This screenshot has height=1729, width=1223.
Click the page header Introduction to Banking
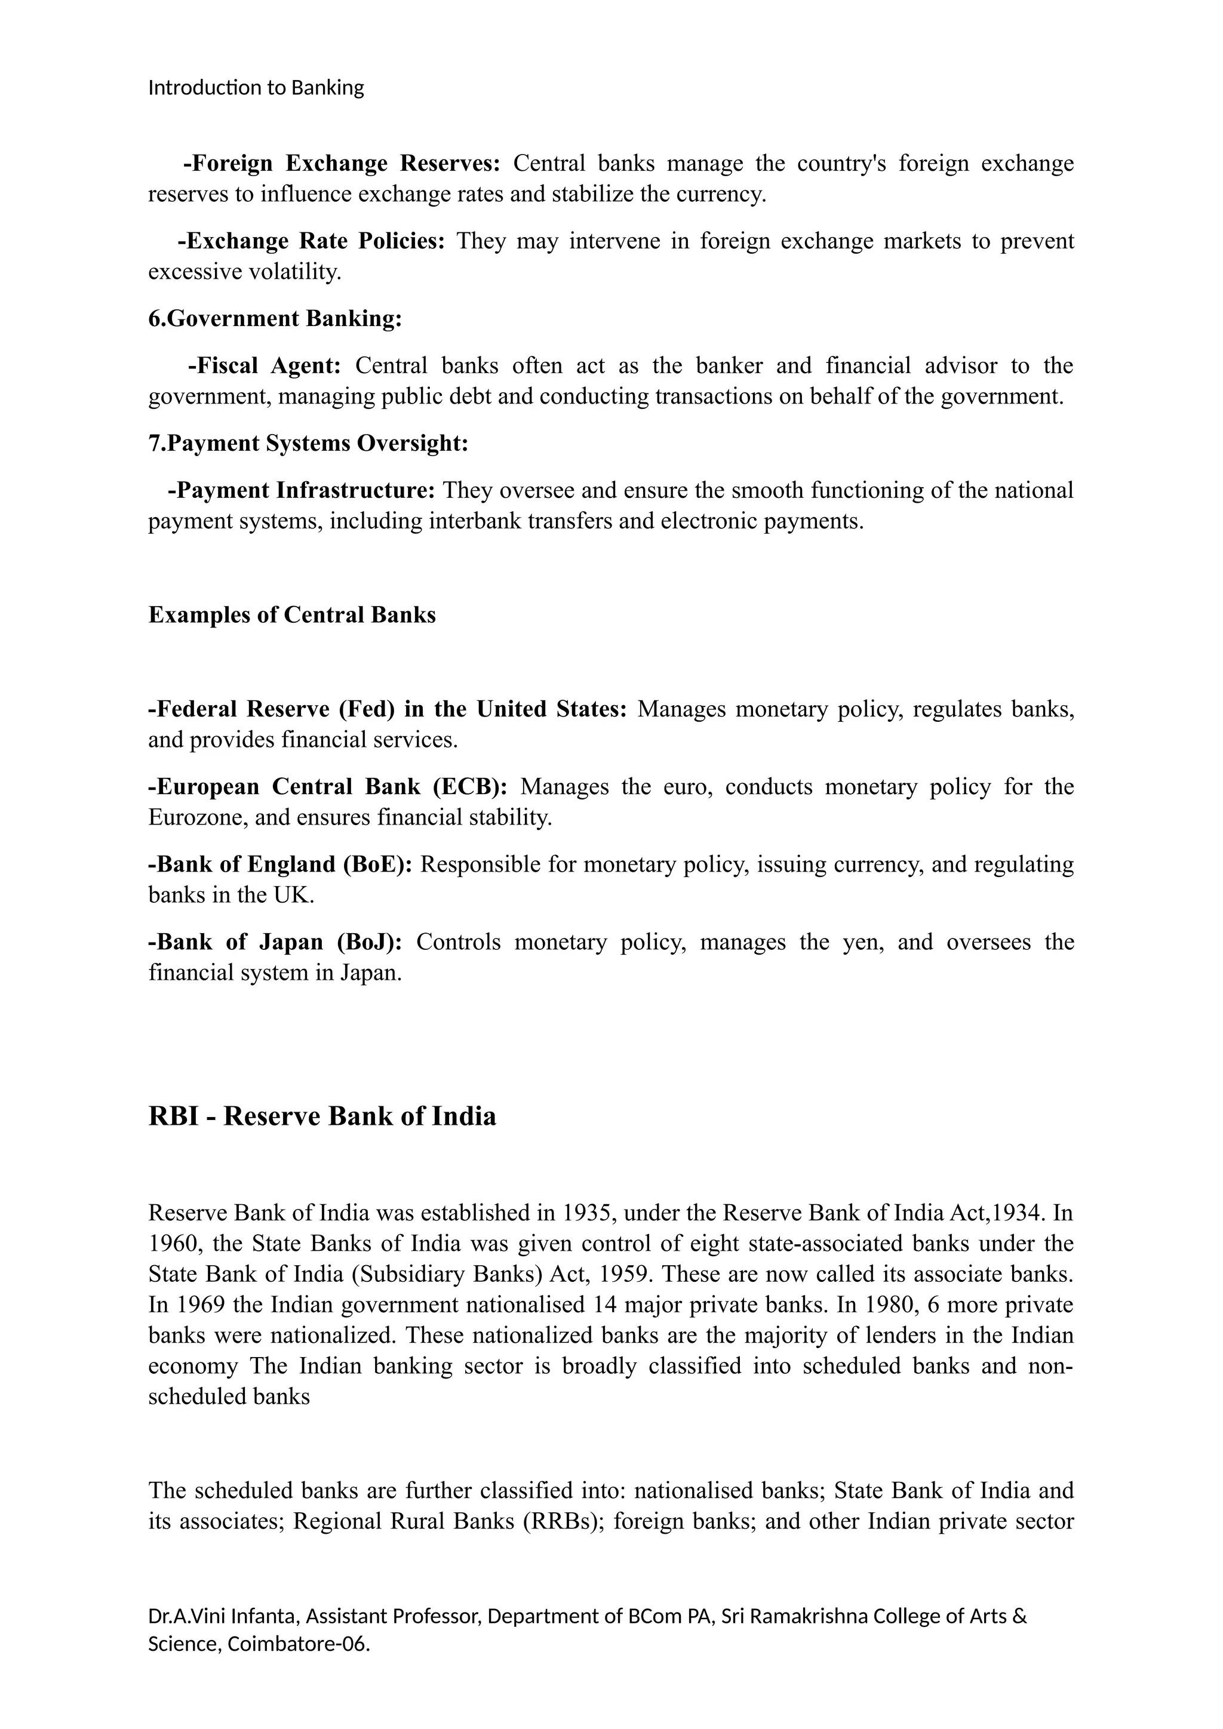(256, 88)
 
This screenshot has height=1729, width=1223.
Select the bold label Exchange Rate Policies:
(312, 241)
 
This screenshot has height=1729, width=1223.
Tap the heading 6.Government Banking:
(275, 319)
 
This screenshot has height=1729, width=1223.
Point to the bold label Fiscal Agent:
(265, 365)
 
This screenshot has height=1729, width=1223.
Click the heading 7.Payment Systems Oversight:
(308, 443)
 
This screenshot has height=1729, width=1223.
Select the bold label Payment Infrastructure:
(301, 490)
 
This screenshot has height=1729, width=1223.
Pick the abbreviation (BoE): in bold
(377, 864)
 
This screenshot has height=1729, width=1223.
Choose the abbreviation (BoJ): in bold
(369, 942)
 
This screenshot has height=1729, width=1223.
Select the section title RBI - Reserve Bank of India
(322, 1115)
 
